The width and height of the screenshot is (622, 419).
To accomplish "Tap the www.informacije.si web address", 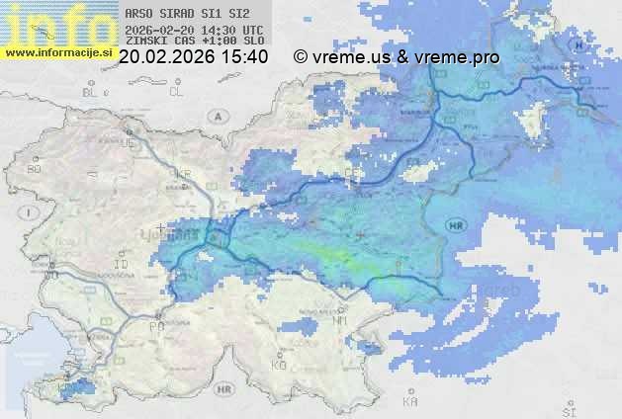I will pos(57,52).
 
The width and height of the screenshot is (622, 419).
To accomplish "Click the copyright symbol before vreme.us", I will pos(301,57).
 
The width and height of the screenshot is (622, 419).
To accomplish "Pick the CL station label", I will pos(177,92).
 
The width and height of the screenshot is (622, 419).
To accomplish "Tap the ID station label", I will pos(122,265).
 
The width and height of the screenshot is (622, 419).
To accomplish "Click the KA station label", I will pos(410,401).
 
